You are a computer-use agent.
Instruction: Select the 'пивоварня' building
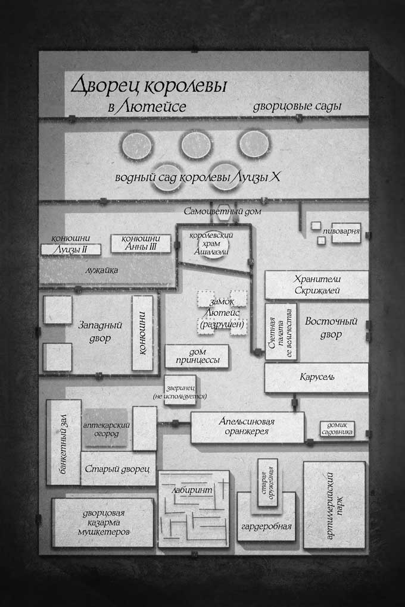point(346,232)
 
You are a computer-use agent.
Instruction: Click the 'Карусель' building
point(316,378)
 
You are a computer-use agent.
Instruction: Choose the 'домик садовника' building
point(338,428)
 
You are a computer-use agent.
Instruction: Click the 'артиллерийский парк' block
point(334,505)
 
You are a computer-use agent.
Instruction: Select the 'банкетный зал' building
point(63,442)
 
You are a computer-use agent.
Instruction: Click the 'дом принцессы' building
point(196,355)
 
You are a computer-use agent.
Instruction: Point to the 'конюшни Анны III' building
point(141,243)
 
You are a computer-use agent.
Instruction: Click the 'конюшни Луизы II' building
point(71,249)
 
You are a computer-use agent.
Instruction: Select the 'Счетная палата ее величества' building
point(281,332)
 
